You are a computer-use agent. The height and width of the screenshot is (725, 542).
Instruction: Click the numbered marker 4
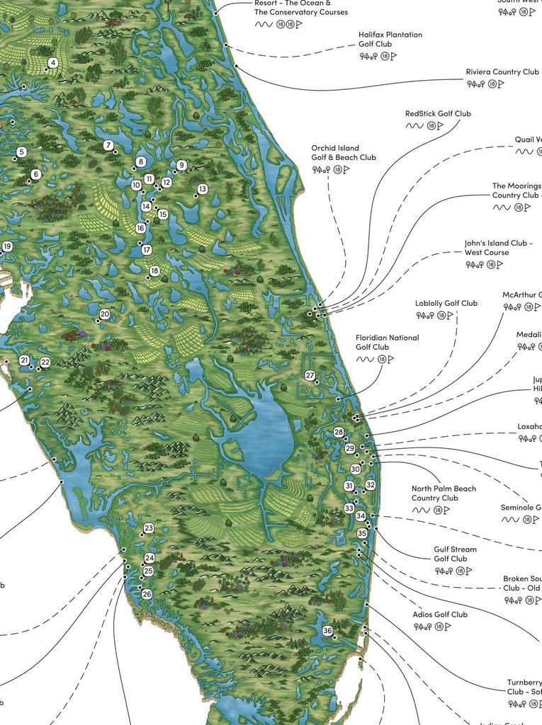[x=52, y=63]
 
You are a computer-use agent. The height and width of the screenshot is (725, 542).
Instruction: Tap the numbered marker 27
[x=310, y=375]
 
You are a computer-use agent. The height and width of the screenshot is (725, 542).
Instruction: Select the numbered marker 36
[x=327, y=631]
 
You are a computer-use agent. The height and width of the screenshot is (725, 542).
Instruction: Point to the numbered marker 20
[x=105, y=314]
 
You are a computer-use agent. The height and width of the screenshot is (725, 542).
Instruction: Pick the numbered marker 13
[x=202, y=189]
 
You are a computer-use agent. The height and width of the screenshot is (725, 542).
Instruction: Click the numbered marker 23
[x=149, y=528]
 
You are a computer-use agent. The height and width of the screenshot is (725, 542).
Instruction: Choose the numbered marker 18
[x=154, y=270]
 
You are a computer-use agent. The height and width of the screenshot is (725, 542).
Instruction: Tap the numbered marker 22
[x=45, y=362]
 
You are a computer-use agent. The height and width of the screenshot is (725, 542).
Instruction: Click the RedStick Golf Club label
[x=438, y=113]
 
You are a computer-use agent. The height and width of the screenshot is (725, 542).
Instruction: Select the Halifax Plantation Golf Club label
[x=390, y=39]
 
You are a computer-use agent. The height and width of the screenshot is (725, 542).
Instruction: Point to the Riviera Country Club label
[x=502, y=72]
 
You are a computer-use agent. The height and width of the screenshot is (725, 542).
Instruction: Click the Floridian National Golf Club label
[x=387, y=343]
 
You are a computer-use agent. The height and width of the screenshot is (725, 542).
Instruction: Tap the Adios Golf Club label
[x=440, y=615]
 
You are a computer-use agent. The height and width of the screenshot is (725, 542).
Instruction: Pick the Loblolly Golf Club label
[x=446, y=304]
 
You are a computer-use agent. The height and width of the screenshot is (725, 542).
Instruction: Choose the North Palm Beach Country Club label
[x=444, y=493]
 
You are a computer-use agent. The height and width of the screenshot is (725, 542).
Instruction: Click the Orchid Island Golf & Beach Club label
[x=344, y=153]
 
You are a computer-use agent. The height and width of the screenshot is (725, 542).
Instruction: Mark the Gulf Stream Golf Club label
[x=455, y=554]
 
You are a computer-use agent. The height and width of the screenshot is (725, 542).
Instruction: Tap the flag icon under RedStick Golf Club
[x=440, y=126]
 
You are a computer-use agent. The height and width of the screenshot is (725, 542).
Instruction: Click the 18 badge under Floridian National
[x=383, y=360]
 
